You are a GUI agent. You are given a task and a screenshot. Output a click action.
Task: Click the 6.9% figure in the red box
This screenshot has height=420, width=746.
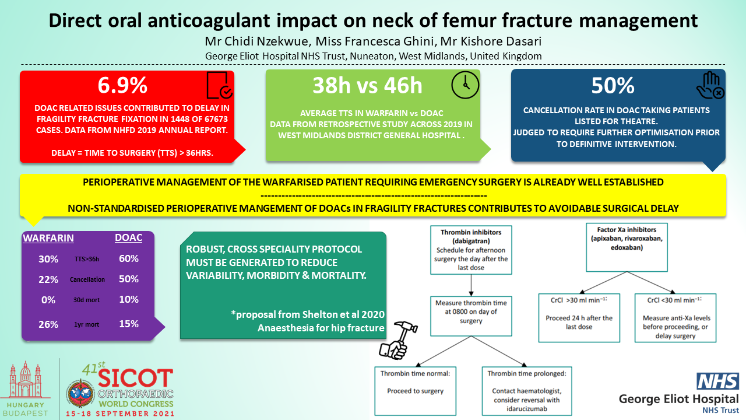(122, 85)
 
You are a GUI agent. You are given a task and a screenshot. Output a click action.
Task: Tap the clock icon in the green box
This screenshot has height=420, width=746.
(465, 85)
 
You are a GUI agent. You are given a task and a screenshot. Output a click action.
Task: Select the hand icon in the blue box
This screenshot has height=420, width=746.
(710, 85)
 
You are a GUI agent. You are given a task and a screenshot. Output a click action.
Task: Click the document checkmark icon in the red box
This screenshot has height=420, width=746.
(220, 85)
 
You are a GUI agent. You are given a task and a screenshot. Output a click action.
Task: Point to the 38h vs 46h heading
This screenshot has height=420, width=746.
(367, 85)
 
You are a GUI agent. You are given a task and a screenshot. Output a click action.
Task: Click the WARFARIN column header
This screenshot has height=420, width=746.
(48, 238)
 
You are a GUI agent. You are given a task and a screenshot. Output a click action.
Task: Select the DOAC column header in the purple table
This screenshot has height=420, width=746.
(129, 237)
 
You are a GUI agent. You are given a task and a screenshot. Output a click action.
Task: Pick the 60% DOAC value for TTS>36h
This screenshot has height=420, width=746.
(129, 258)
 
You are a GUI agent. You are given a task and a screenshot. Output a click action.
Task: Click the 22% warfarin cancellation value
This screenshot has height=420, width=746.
(48, 279)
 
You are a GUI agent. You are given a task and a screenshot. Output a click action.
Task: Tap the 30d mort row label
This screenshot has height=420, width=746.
(87, 300)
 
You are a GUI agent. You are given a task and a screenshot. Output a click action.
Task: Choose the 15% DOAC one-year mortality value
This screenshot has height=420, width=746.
(129, 324)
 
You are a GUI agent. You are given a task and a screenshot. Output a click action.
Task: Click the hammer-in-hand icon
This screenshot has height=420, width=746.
(398, 340)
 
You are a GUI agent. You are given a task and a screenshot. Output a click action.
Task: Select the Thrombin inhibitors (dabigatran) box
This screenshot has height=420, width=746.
(471, 250)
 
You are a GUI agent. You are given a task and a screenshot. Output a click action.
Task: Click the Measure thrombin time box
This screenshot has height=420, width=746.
(471, 316)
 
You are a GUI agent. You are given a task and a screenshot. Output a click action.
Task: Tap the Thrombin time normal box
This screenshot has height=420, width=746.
(416, 391)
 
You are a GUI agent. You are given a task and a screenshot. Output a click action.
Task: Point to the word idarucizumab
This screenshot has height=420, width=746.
(527, 409)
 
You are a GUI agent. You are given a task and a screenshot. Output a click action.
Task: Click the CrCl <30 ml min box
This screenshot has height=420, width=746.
(675, 318)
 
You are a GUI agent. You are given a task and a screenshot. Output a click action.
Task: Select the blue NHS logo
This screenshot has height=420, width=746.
(717, 381)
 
